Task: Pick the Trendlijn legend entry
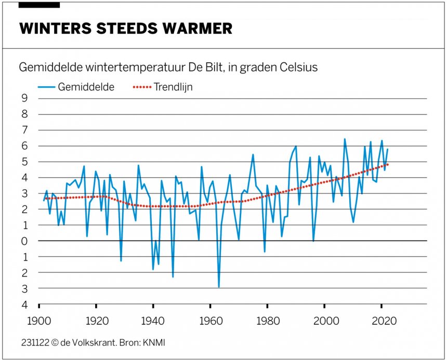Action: coord(173,87)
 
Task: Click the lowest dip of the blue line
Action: coord(219,286)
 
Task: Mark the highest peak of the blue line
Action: coord(344,139)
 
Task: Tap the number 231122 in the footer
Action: coord(32,342)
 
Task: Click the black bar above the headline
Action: coord(40,5)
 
